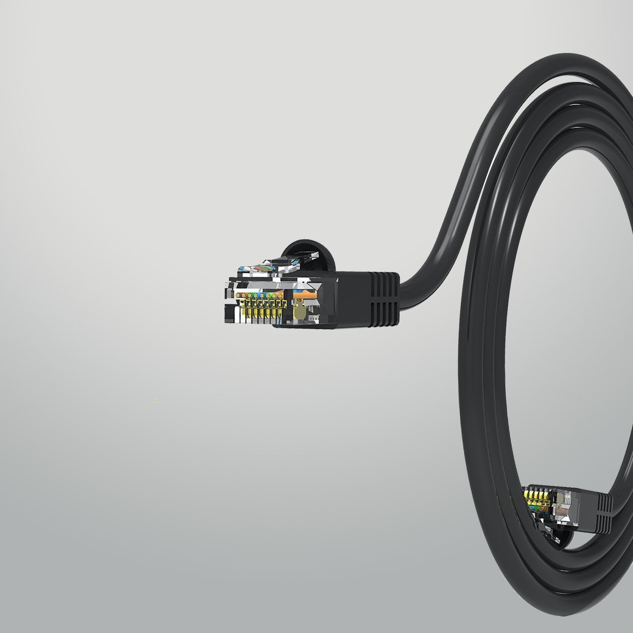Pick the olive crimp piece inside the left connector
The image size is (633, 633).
click(301, 312)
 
